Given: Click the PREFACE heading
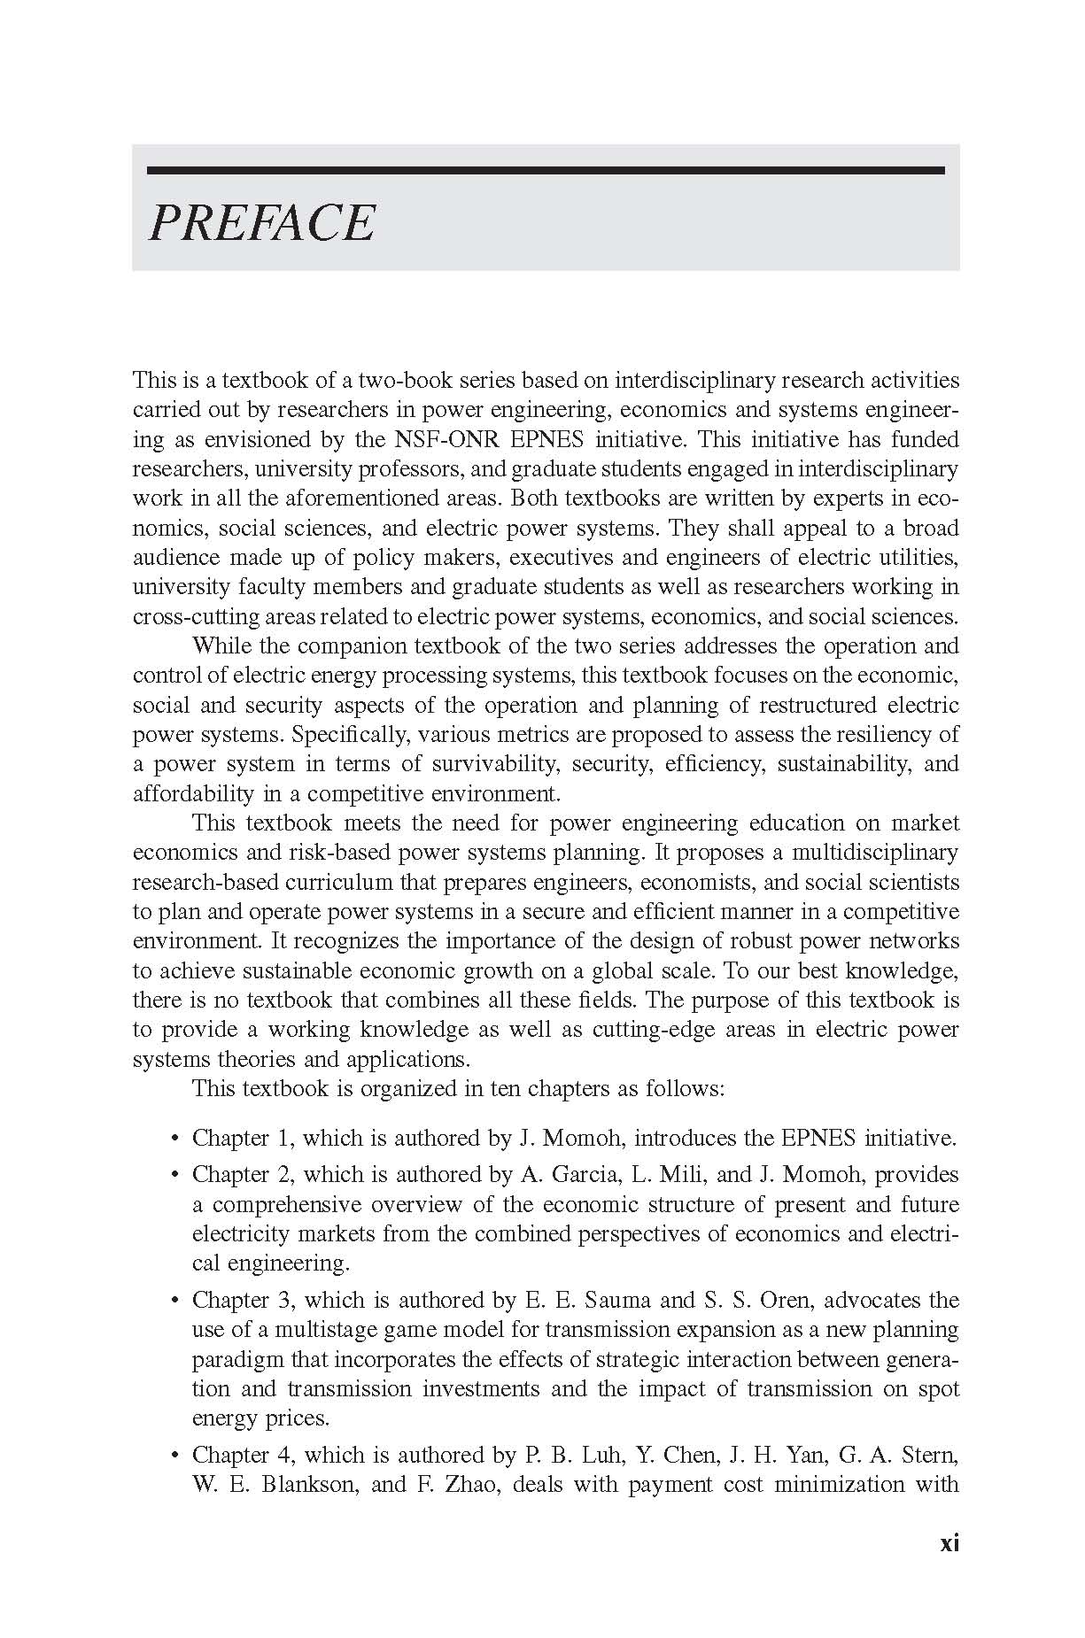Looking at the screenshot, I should [x=261, y=222].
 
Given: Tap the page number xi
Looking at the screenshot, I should [x=949, y=1543].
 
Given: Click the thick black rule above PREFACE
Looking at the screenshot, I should [x=546, y=170].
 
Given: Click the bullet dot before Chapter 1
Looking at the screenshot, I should [x=174, y=1139].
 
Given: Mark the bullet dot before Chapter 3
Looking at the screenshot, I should [x=174, y=1301].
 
